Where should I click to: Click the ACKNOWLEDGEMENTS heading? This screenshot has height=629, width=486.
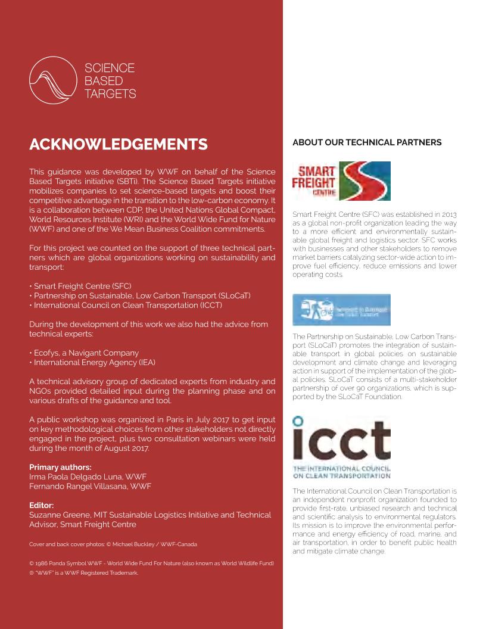click(x=119, y=144)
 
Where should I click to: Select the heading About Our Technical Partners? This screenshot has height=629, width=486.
click(x=367, y=142)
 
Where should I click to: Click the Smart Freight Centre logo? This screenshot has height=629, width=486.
click(x=341, y=181)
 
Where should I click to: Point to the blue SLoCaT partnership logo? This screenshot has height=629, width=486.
click(x=341, y=310)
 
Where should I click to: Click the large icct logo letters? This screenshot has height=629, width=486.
click(x=341, y=440)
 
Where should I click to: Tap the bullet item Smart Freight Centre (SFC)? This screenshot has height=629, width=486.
click(x=82, y=286)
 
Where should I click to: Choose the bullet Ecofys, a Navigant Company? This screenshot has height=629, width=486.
click(x=85, y=353)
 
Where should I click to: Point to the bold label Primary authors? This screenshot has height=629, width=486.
click(x=61, y=467)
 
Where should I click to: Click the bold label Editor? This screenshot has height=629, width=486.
click(x=42, y=505)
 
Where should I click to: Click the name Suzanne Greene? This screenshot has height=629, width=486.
click(x=57, y=515)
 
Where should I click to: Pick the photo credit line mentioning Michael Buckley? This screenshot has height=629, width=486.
click(x=113, y=544)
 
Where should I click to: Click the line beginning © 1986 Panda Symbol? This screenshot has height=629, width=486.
click(x=151, y=563)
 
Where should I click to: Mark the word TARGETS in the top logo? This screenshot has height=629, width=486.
click(x=110, y=94)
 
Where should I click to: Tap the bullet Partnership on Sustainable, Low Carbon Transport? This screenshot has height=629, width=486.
click(x=141, y=295)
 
